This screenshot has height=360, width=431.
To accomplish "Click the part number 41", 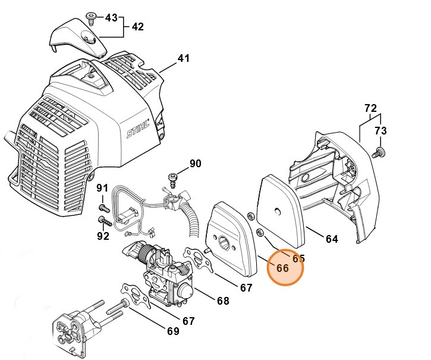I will [184, 59].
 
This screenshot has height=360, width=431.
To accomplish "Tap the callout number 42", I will [138, 27].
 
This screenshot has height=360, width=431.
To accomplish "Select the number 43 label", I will [111, 18].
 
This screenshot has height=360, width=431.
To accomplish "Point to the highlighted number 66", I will [283, 268].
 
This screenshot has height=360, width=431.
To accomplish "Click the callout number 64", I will [332, 239].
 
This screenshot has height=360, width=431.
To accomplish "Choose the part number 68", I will [223, 301].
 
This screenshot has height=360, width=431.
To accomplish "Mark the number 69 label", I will [172, 331].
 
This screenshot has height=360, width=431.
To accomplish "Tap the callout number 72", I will [370, 108].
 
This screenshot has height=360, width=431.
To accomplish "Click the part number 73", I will [380, 131].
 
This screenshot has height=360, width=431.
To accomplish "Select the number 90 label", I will [196, 164].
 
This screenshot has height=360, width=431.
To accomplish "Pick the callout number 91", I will [103, 189].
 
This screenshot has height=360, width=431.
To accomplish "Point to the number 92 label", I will [103, 236].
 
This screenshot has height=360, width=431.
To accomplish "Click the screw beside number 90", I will [174, 177].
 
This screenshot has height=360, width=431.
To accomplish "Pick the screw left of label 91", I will [102, 208].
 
